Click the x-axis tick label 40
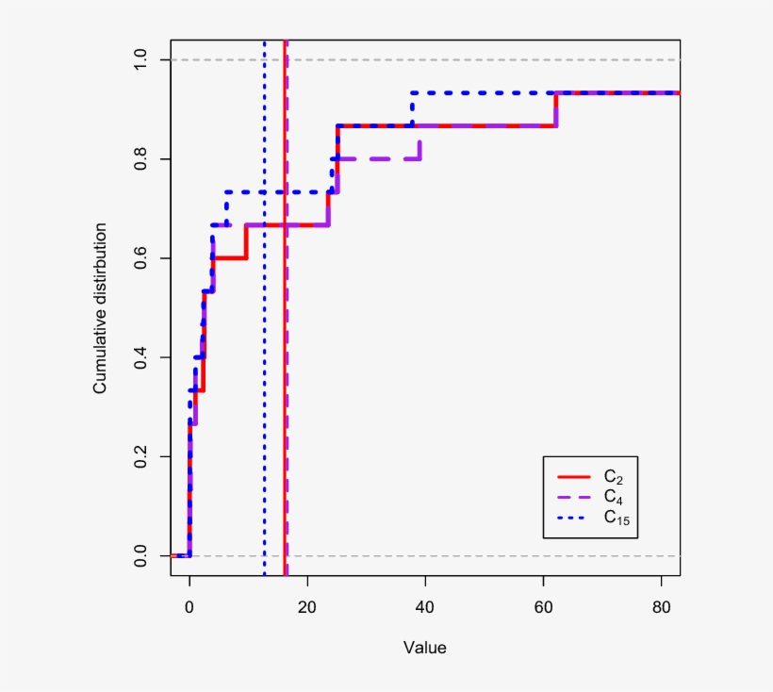click(x=424, y=609)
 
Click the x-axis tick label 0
click(x=189, y=609)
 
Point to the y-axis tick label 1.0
click(x=140, y=60)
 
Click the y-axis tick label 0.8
click(x=140, y=159)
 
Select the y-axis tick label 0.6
click(x=140, y=258)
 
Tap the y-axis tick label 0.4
click(x=140, y=357)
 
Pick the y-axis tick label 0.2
click(x=140, y=457)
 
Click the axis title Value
click(x=424, y=649)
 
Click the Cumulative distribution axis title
click(x=99, y=308)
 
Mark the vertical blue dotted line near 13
click(x=265, y=377)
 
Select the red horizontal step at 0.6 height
click(x=229, y=257)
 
